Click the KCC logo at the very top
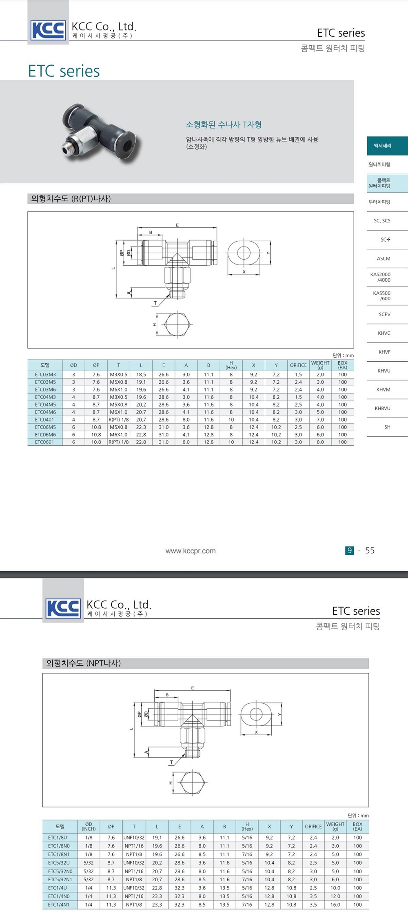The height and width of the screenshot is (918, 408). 48,30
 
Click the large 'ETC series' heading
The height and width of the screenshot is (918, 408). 64,71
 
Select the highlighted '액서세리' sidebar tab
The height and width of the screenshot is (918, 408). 387,146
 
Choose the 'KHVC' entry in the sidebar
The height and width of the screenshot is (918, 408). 384,333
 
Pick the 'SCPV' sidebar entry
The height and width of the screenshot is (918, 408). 384,314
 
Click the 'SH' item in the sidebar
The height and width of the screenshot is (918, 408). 387,427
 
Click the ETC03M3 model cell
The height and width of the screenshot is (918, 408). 45,374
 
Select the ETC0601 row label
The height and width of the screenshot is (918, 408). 44,442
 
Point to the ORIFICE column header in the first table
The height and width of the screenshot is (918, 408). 298,365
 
